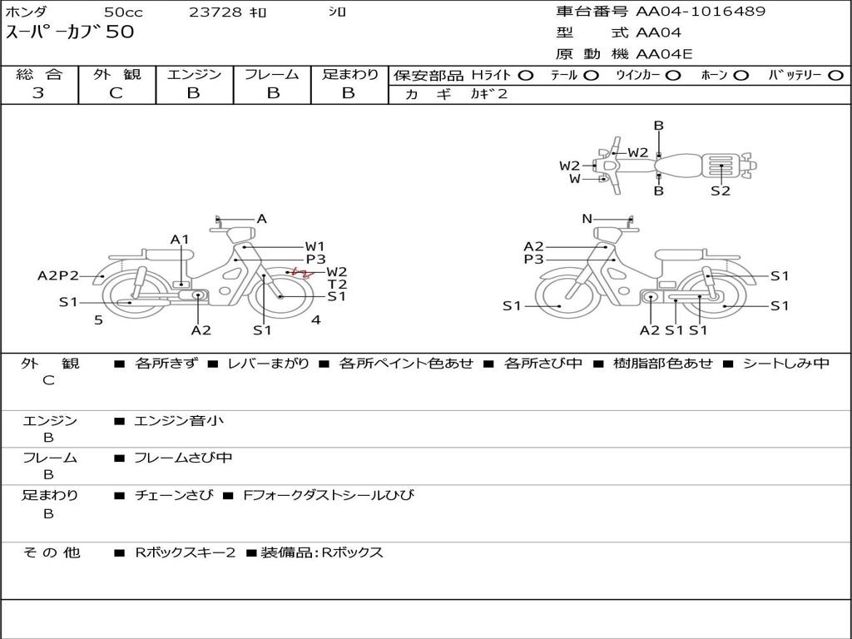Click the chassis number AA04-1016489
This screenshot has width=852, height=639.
[701, 12]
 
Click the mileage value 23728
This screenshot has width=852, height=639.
[215, 12]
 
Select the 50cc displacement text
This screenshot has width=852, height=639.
[122, 12]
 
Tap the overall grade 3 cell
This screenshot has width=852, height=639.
[38, 93]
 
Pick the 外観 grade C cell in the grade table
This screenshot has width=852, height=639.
[116, 93]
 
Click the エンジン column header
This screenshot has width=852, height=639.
[194, 75]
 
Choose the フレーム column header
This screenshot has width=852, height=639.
[272, 75]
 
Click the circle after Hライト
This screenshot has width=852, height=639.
[526, 75]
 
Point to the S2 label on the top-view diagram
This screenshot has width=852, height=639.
[721, 191]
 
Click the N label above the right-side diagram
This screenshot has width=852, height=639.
[587, 219]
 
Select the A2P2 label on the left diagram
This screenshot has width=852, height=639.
[58, 276]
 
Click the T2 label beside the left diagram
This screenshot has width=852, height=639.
[337, 284]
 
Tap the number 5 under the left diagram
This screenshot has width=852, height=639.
[98, 319]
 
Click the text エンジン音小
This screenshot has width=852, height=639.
[179, 421]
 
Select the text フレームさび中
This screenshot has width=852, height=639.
[183, 458]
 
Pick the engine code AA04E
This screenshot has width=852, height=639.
[664, 55]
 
